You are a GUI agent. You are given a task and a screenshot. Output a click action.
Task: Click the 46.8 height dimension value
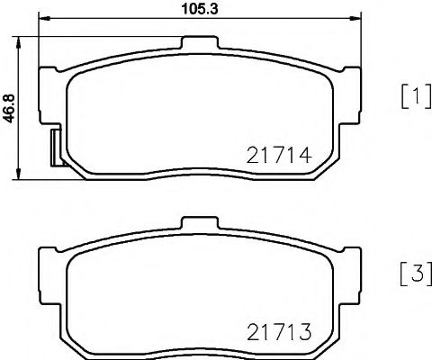(x=10, y=107)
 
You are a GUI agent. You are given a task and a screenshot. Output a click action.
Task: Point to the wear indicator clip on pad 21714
(x=53, y=144)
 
